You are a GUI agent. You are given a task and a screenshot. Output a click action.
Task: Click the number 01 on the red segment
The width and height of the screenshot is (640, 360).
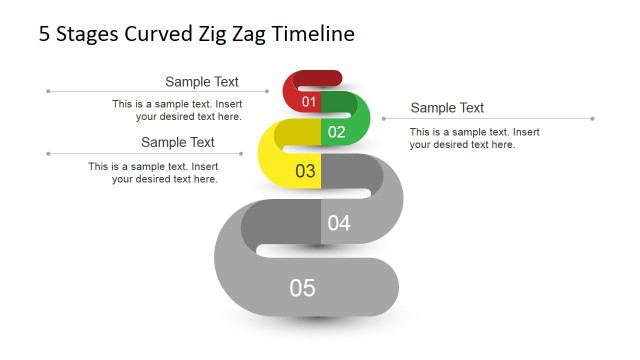coord(309,102)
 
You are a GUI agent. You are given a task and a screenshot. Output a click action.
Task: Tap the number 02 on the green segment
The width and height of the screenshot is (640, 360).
coord(336,132)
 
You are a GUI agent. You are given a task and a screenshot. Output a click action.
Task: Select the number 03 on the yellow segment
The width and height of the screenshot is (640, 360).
coord(305,171)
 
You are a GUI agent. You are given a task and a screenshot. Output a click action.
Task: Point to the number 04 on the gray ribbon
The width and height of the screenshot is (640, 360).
coord(339,223)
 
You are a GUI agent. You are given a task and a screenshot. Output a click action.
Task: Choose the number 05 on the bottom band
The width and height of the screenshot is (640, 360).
coord(302,288)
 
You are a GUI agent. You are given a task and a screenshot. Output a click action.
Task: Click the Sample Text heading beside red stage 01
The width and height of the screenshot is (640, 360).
coord(202,82)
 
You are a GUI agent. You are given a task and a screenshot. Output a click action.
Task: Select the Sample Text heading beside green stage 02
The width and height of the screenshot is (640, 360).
coord(447,108)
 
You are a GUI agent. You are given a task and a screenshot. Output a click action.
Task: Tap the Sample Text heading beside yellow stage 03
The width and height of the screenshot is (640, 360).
coord(178,143)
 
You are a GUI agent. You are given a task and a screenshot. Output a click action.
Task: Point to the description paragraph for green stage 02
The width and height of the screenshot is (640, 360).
coord(474,138)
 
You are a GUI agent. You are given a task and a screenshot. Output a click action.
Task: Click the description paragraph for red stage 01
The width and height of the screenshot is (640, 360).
coord(177,110)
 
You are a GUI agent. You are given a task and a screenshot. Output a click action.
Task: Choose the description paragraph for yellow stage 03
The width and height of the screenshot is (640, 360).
coord(153,172)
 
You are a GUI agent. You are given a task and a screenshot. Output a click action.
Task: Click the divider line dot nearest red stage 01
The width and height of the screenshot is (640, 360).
coord(267,92)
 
